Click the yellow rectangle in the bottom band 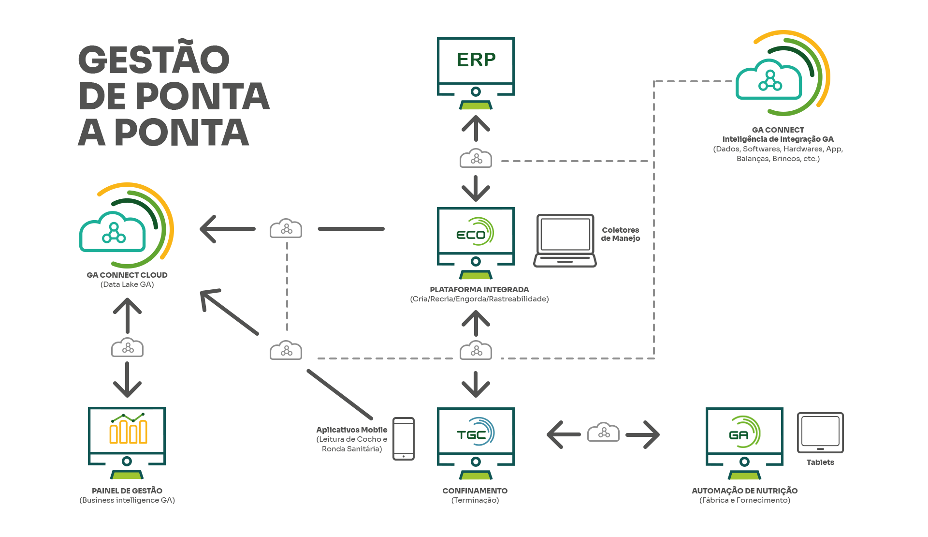[119, 433]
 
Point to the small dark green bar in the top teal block [467, 60]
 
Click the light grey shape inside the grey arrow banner [588, 432]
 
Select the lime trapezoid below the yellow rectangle [127, 476]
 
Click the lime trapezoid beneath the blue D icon [476, 476]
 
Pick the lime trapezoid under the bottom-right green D [744, 476]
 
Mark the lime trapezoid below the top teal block [476, 106]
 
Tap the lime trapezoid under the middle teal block [476, 276]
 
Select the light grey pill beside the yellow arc [259, 228]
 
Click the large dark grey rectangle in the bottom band [290, 438]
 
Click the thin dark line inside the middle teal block [343, 229]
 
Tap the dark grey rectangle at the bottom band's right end [855, 432]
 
